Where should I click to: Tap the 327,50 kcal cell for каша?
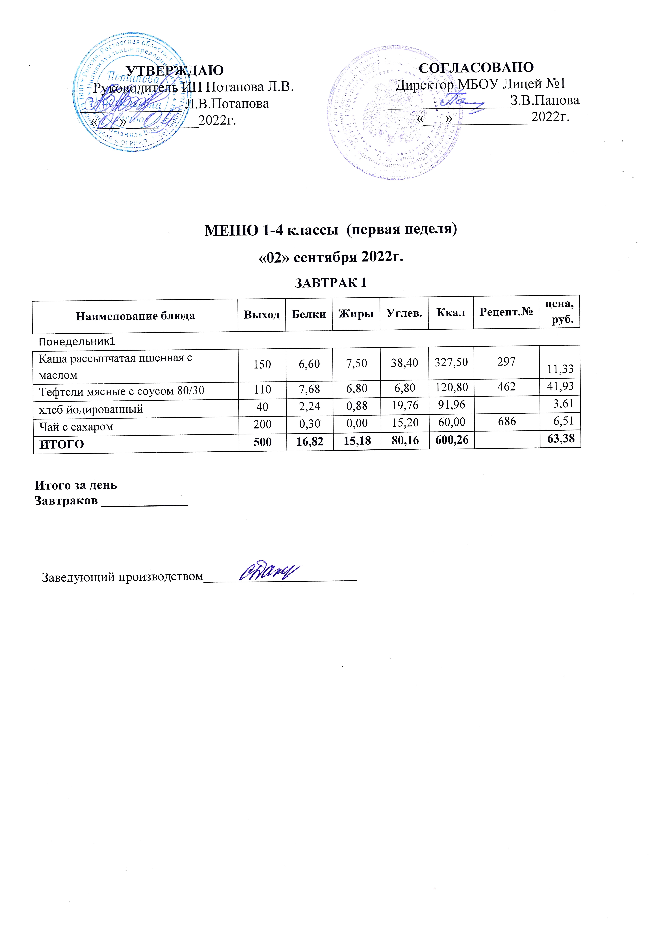pyautogui.click(x=451, y=362)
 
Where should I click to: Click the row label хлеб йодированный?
pyautogui.click(x=91, y=409)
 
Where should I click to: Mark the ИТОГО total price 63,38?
pyautogui.click(x=561, y=438)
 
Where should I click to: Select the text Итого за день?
pyautogui.click(x=76, y=485)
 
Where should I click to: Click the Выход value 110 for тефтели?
pyautogui.click(x=262, y=390)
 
